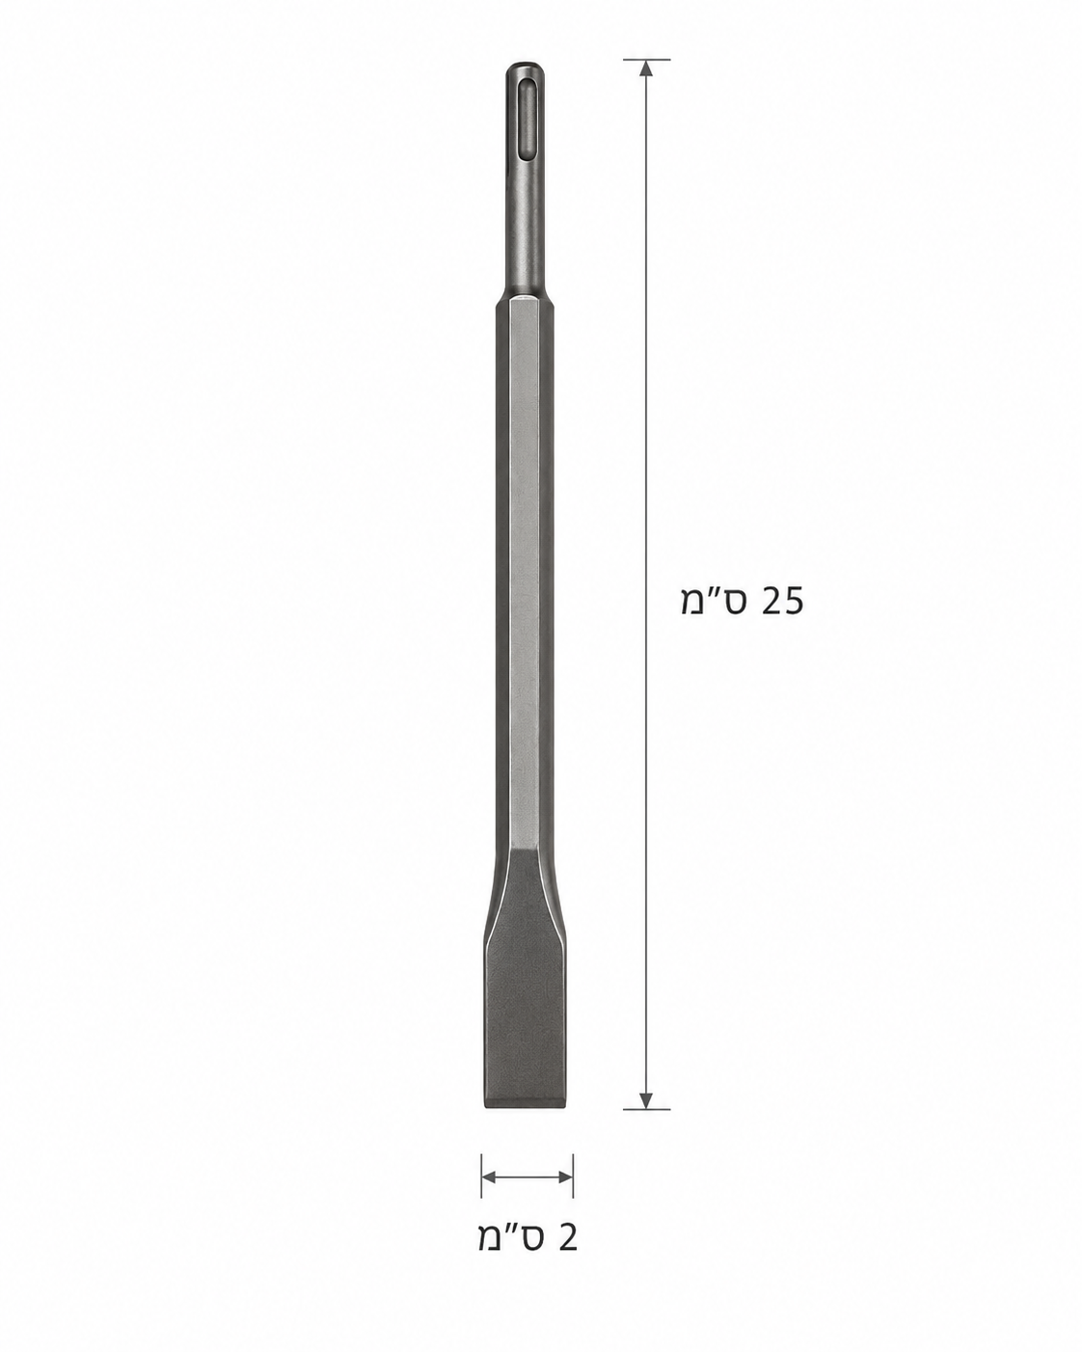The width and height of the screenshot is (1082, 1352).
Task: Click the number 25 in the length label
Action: click(x=782, y=601)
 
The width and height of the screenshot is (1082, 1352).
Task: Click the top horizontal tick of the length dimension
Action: click(x=646, y=59)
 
